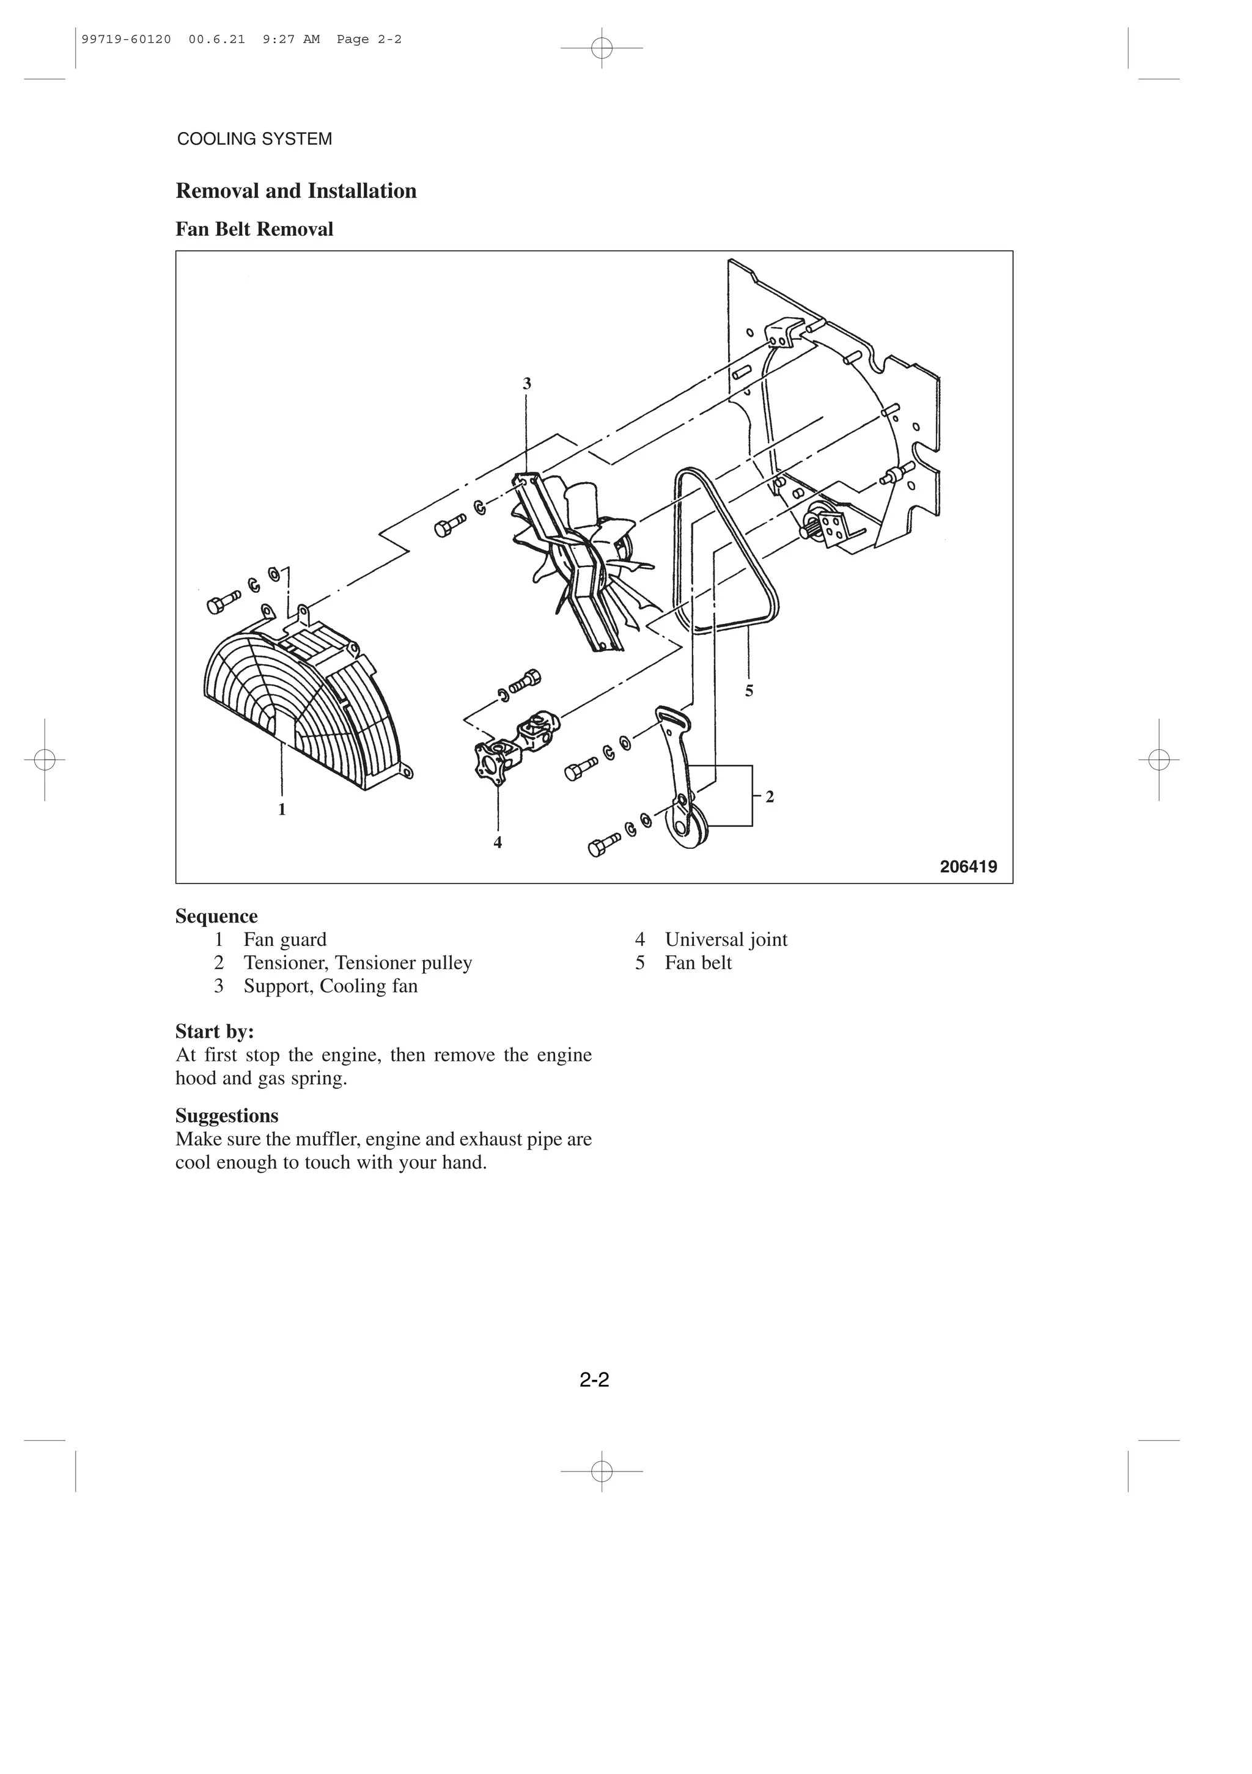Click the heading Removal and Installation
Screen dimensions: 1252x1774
click(x=296, y=191)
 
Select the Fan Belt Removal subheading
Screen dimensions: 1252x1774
click(x=254, y=230)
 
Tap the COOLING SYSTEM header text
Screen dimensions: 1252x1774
click(x=254, y=139)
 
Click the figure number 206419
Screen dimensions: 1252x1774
click(x=968, y=867)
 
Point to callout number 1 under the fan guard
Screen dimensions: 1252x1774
click(x=282, y=810)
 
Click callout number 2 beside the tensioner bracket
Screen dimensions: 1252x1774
click(x=770, y=797)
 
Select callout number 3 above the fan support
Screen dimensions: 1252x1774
click(x=527, y=384)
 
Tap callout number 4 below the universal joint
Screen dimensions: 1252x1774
click(x=498, y=843)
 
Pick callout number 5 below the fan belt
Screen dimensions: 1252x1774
click(x=749, y=692)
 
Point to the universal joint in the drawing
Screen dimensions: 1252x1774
click(x=518, y=746)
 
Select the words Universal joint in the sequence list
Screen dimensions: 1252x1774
click(x=726, y=939)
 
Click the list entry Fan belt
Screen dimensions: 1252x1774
click(x=698, y=962)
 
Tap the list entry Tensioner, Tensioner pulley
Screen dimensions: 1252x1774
click(x=358, y=962)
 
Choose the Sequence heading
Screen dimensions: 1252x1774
click(x=216, y=917)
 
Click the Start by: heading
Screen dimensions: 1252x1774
click(x=215, y=1032)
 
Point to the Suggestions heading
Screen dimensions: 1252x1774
click(x=226, y=1116)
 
